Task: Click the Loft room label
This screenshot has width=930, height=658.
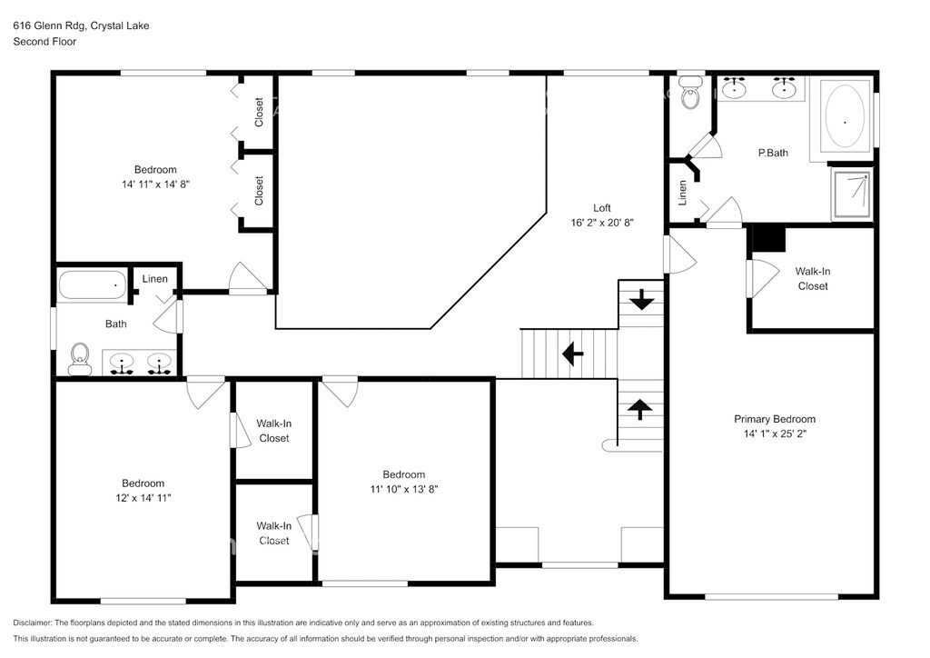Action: (601, 207)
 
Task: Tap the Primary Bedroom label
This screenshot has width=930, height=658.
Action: (775, 419)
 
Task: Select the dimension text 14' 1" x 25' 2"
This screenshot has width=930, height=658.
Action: (775, 434)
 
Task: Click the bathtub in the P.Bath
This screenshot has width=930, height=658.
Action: (845, 117)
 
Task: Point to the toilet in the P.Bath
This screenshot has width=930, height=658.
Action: (690, 93)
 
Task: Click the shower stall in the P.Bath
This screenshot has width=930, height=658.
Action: (852, 194)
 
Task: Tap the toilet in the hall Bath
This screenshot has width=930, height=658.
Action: (80, 359)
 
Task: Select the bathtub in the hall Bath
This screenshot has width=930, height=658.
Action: (93, 285)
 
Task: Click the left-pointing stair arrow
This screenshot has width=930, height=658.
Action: (572, 354)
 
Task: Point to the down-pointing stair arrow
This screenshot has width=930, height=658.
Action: (641, 299)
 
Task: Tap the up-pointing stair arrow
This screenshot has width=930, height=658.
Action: (640, 409)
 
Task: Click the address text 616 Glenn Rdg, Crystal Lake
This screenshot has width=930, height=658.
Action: (81, 25)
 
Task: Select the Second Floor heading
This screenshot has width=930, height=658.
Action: (45, 42)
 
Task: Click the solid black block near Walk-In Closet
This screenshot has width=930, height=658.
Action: (768, 239)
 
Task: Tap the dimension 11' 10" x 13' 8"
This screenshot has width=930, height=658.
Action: (404, 490)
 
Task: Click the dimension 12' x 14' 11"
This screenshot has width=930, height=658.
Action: (143, 498)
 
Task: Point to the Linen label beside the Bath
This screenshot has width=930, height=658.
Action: (154, 279)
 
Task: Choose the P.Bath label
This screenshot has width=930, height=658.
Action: (773, 153)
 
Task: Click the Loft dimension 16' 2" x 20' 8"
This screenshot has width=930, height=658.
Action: (602, 223)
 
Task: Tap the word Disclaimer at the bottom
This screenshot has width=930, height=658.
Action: (33, 623)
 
